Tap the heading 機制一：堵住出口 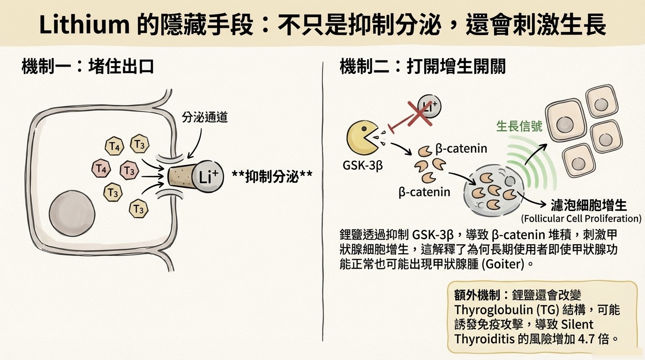(x=88, y=67)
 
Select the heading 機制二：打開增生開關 (x=422, y=67)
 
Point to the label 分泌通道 (x=205, y=117)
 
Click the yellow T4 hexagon (x=114, y=147)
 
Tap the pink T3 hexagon (x=129, y=171)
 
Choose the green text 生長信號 (x=519, y=126)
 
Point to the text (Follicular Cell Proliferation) (x=581, y=218)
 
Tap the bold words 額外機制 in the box (x=474, y=295)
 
